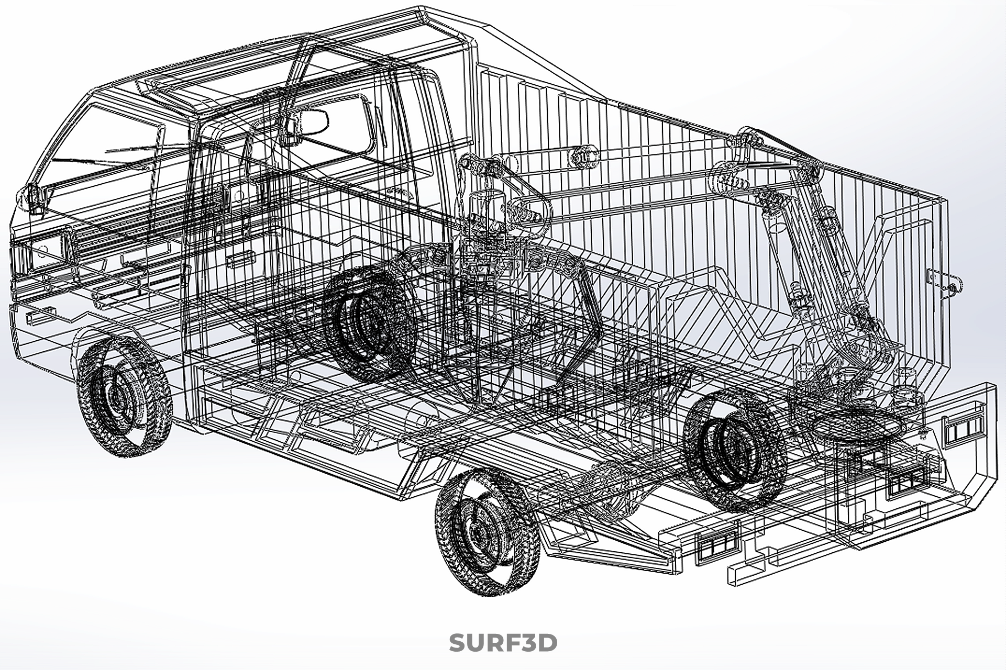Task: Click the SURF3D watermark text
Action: [503, 642]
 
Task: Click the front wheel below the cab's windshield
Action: [124, 396]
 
